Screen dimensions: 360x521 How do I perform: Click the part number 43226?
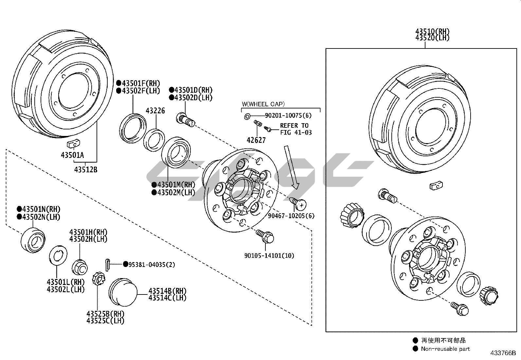pos(155,111)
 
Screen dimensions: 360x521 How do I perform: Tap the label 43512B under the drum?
pos(85,170)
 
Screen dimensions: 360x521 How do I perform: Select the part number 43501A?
pos(72,155)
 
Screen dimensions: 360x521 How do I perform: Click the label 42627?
pos(256,140)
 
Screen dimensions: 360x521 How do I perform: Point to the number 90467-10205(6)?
pos(291,216)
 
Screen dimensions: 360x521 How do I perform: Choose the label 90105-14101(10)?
pos(269,256)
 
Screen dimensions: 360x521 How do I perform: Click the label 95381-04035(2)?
pos(152,265)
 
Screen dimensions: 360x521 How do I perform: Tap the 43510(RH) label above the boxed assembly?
pos(432,32)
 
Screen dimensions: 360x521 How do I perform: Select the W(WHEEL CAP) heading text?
pos(263,104)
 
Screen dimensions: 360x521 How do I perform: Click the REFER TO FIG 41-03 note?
pos(296,129)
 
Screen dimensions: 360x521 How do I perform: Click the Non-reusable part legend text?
pos(445,349)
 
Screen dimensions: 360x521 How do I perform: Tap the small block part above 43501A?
pos(74,143)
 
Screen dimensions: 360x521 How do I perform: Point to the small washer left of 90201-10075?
pos(247,116)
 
